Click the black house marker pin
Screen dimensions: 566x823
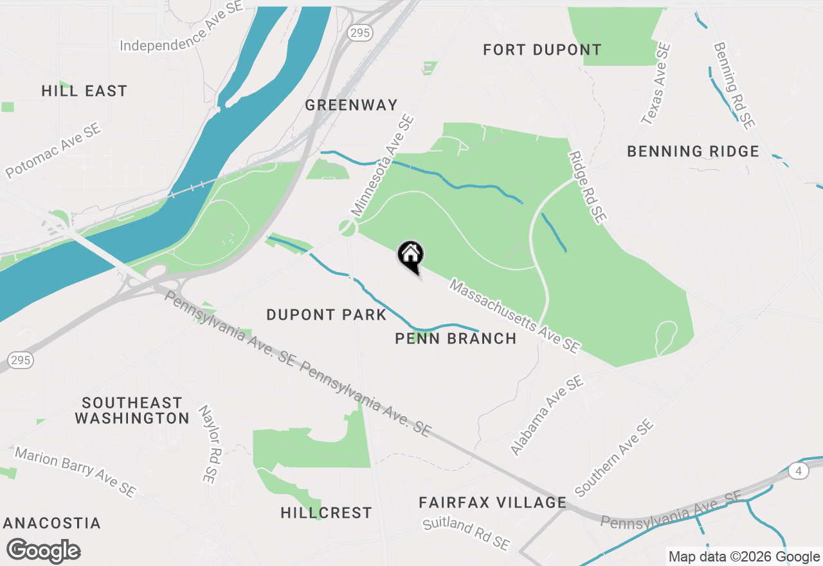(x=410, y=256)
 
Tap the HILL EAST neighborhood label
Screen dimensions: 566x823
(x=84, y=91)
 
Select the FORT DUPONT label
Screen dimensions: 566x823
(x=542, y=50)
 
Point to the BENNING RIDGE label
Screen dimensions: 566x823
(x=693, y=152)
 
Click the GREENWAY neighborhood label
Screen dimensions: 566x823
(x=351, y=105)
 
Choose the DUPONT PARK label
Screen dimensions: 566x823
(x=326, y=315)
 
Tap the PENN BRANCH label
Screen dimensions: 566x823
(x=455, y=338)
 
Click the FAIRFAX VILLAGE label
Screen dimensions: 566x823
(x=493, y=502)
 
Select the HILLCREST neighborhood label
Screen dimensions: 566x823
(x=326, y=513)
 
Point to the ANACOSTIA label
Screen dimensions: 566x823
(x=51, y=523)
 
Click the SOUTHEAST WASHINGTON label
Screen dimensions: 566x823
(x=132, y=410)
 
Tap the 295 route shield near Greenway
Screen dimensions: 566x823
(x=357, y=32)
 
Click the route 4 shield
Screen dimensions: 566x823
(x=799, y=471)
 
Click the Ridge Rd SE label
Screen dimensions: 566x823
(x=587, y=187)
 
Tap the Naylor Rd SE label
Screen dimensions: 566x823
(x=206, y=444)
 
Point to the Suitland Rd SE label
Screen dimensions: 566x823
(x=466, y=533)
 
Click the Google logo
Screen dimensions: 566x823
(x=43, y=551)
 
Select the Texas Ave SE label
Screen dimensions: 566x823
(x=656, y=84)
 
